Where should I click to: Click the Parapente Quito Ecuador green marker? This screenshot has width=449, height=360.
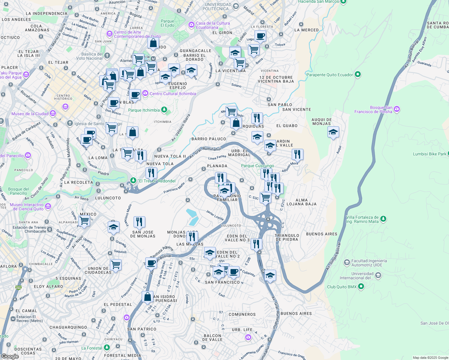coord(357,74)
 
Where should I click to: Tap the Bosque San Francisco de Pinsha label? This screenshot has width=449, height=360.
coord(373,109)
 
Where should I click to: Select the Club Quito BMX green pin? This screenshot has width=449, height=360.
coord(361,286)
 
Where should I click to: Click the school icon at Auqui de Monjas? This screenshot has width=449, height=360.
coord(333,132)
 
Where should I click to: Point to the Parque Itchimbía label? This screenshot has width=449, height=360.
coord(144,110)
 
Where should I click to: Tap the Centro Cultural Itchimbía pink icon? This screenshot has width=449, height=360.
coord(145,93)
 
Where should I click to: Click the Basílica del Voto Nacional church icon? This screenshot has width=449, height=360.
coord(107,56)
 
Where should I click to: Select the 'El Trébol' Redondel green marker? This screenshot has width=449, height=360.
coord(133,180)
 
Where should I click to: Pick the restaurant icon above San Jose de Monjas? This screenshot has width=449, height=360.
coord(139,222)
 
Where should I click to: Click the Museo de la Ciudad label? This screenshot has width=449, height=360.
coord(30,114)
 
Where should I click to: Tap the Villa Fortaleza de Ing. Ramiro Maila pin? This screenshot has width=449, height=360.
coord(383,219)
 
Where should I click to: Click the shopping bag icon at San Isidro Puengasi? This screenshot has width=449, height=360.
coord(147,297)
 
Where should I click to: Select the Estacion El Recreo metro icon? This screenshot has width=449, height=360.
coord(13,319)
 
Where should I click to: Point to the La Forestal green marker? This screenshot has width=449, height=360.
coord(107,348)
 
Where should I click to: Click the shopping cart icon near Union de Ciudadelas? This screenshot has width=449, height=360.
coord(116,265)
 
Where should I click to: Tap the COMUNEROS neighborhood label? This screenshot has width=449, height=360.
coord(242,314)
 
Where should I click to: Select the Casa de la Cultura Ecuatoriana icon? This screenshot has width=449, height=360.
coord(191,25)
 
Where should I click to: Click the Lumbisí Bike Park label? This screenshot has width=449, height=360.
coord(429,154)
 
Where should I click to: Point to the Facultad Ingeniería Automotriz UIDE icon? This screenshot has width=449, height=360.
coord(347,263)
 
